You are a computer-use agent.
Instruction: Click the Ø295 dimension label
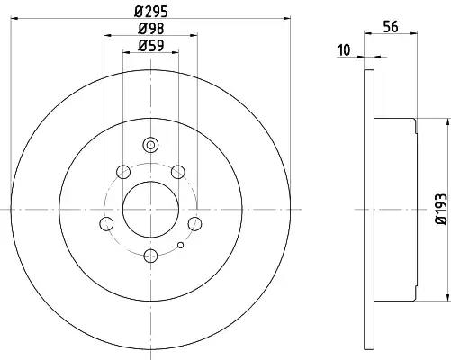tap(151, 12)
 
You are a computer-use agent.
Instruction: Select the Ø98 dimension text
tap(151, 29)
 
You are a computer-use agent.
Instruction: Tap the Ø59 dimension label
tap(151, 46)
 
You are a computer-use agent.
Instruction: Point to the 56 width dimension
tap(391, 27)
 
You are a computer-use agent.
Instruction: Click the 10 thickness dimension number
tap(344, 50)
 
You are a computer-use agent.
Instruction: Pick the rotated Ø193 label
tap(441, 209)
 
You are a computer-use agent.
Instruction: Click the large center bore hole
tap(150, 210)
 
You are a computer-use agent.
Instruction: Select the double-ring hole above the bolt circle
tap(150, 145)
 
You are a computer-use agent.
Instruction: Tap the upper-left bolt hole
tap(123, 172)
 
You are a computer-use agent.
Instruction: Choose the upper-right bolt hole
tap(178, 172)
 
